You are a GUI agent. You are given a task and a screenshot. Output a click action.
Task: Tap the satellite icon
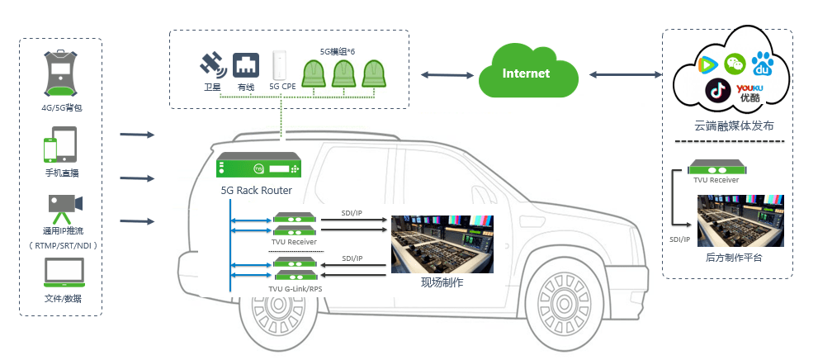click(212, 64)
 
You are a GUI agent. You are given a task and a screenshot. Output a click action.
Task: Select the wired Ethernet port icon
click(246, 64)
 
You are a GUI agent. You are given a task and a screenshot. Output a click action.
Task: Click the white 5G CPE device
click(281, 65)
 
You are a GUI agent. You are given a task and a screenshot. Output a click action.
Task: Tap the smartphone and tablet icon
click(60, 145)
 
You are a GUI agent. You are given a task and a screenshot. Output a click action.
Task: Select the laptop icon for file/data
click(63, 272)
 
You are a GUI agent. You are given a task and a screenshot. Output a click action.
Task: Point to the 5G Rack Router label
click(256, 190)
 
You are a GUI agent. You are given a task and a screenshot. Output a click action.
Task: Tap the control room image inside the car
click(442, 245)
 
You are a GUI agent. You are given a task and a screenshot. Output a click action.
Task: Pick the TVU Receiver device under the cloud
click(716, 170)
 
